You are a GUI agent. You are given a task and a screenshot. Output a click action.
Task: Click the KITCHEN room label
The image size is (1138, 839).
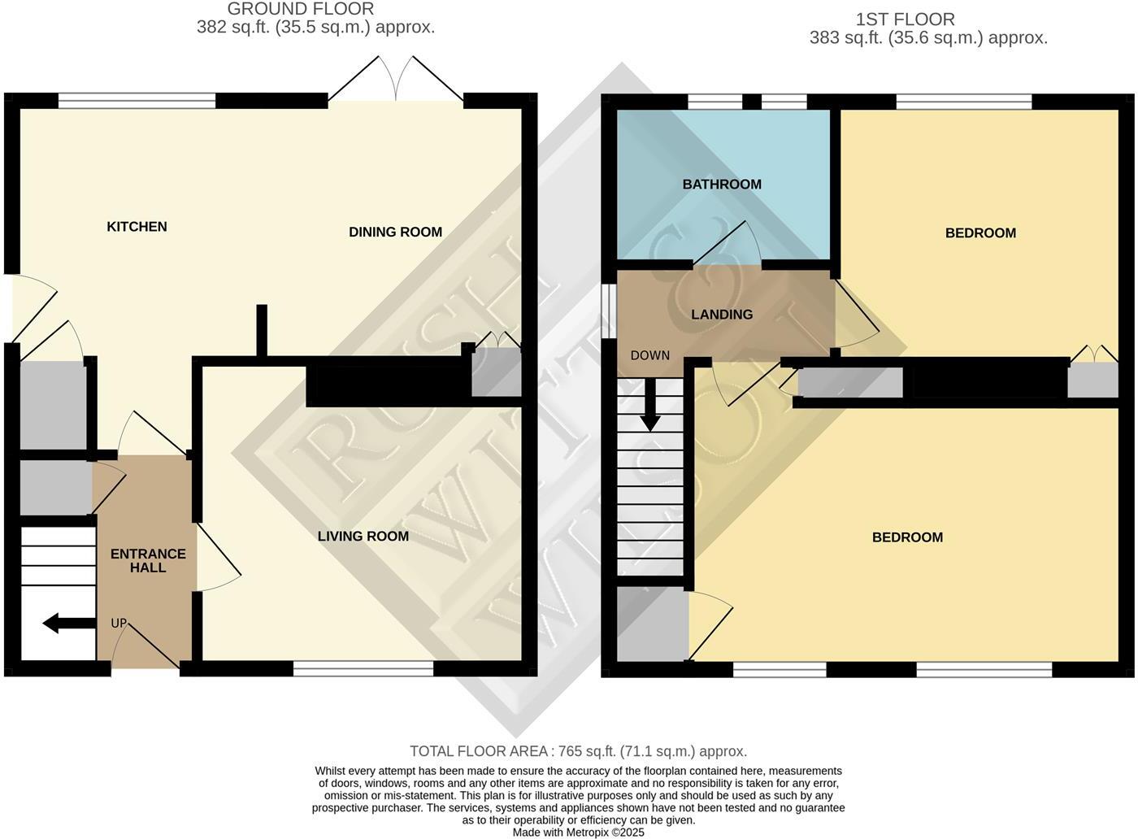pos(137,227)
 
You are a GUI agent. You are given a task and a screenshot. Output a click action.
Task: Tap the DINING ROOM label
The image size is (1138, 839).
pos(395,233)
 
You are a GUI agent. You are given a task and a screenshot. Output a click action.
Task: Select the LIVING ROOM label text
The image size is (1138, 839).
pos(363,537)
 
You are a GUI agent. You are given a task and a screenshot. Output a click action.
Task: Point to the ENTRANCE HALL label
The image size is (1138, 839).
pos(148,561)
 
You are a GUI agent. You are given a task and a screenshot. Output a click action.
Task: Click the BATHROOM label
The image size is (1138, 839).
pos(722,185)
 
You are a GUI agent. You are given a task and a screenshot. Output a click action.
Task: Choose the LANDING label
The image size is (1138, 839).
pos(722,315)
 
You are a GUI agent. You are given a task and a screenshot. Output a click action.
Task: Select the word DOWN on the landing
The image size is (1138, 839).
pos(650,356)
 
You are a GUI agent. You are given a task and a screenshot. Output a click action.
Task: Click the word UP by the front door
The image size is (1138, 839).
pos(119,624)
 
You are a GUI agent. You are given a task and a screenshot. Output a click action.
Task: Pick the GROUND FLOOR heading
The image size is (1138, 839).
pos(301,9)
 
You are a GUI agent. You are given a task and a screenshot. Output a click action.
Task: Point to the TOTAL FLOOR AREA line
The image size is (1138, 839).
pos(578,752)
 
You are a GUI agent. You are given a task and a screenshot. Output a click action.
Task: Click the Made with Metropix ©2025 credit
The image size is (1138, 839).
pos(578,832)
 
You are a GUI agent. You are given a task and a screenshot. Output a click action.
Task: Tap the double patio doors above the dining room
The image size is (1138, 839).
pos(396,81)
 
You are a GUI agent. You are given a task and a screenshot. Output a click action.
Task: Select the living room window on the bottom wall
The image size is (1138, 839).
pos(363,668)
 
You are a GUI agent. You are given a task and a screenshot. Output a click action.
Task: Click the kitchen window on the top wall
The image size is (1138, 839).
pos(137,101)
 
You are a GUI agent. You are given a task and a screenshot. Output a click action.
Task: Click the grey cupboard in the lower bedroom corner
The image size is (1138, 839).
pos(652,624)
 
